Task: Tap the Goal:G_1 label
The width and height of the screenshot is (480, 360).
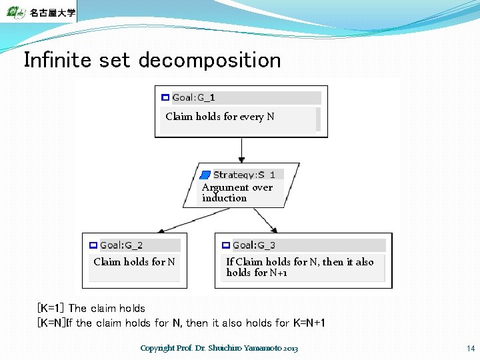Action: pos(193,98)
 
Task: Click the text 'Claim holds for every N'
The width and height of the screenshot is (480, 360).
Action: pos(219,117)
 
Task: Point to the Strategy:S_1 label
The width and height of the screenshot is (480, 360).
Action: pos(243,175)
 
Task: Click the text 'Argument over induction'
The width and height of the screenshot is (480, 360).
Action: pos(237,193)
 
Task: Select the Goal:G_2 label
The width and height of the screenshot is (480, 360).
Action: pos(121,245)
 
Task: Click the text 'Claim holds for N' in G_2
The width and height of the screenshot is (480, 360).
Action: pos(134,262)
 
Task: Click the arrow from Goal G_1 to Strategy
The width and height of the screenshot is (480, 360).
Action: pos(241,150)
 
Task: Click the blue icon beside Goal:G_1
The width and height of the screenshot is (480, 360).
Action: pos(165,98)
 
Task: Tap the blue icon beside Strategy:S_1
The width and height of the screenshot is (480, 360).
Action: pos(206,175)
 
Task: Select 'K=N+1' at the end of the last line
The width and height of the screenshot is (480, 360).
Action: pos(309,323)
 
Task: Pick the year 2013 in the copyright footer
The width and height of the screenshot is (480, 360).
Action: pos(291,349)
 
